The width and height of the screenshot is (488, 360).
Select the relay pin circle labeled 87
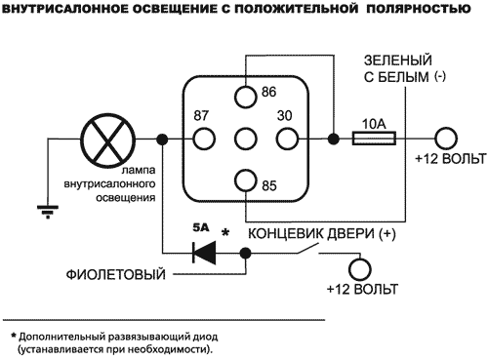click(x=204, y=139)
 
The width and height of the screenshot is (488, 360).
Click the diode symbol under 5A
click(x=205, y=252)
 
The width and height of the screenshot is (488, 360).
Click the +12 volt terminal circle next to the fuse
click(x=446, y=139)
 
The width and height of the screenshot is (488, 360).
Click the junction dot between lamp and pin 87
click(x=162, y=139)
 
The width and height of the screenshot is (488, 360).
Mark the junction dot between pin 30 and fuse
click(x=334, y=139)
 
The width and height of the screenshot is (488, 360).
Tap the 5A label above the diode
click(x=201, y=227)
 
